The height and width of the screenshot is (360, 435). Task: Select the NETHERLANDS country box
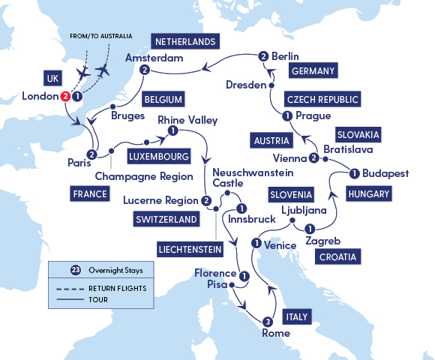184,41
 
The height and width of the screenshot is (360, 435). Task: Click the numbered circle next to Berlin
263,55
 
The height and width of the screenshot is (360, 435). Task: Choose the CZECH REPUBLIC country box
322,99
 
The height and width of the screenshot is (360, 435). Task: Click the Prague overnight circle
286,116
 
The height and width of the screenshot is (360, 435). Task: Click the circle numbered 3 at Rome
268,322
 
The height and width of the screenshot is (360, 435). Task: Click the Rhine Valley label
187,119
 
